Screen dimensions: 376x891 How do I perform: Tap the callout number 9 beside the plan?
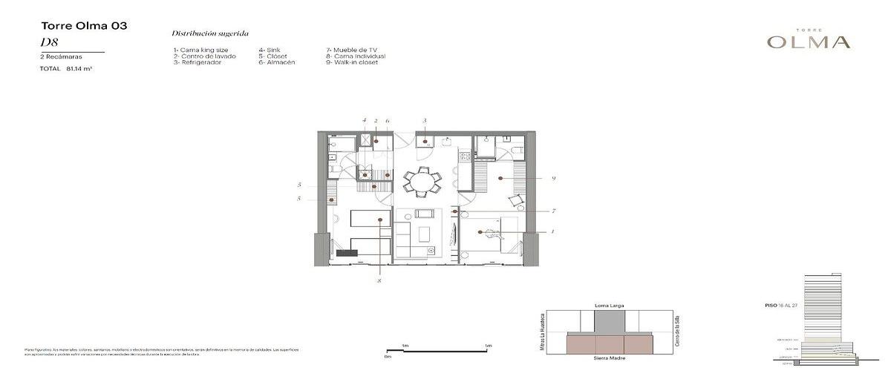554,178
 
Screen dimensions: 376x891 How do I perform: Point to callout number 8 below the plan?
379,282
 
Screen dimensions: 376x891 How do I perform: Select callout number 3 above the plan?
425,120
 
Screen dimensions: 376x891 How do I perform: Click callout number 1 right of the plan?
552,231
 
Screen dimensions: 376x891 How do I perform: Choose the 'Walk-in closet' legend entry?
352,62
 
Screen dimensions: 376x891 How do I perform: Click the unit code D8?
49,43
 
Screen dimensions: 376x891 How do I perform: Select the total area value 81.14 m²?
79,68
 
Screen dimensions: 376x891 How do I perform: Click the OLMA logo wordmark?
809,42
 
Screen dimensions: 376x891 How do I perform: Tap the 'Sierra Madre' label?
610,357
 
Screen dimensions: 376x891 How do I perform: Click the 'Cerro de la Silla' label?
678,332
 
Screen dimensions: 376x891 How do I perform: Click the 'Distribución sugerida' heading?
210,33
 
